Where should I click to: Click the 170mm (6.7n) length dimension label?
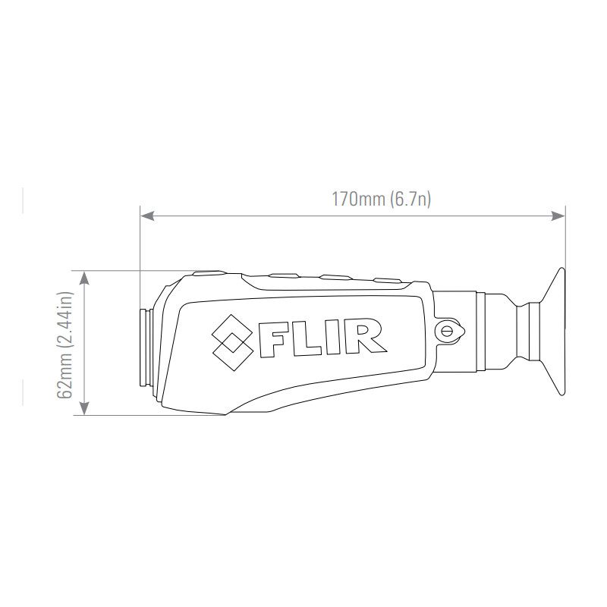tap(382, 199)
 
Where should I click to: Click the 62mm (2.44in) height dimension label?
tap(65, 345)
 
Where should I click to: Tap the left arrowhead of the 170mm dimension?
tap(147, 215)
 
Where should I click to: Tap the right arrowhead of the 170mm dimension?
tap(558, 215)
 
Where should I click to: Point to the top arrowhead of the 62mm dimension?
tap(84, 278)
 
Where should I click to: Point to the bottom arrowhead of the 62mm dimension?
tap(84, 408)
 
